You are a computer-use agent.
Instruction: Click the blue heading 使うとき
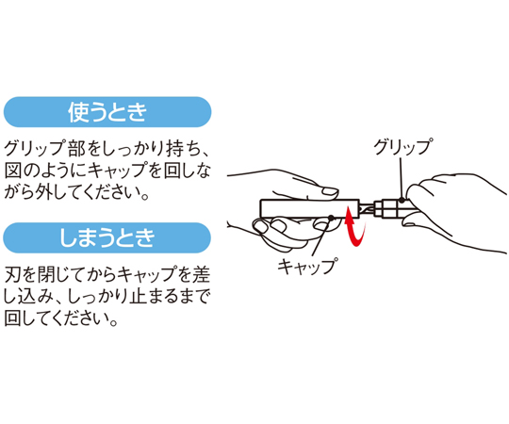pyautogui.click(x=107, y=112)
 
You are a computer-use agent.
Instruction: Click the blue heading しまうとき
pyautogui.click(x=107, y=237)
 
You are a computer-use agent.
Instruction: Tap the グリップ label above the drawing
pyautogui.click(x=402, y=147)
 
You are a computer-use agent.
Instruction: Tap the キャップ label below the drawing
pyautogui.click(x=307, y=267)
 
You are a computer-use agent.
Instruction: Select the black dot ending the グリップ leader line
pyautogui.click(x=402, y=200)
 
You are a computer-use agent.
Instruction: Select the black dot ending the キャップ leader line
pyautogui.click(x=331, y=218)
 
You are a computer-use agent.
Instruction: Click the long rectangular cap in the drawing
pyautogui.click(x=309, y=209)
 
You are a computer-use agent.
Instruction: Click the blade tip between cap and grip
pyautogui.click(x=367, y=209)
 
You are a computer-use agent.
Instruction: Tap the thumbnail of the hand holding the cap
pyautogui.click(x=329, y=191)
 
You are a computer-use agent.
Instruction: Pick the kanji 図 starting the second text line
pyautogui.click(x=12, y=170)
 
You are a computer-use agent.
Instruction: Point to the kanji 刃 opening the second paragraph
pyautogui.click(x=12, y=274)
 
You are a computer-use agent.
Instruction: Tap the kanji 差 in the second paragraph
pyautogui.click(x=202, y=274)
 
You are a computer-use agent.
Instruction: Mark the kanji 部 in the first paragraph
pyautogui.click(x=77, y=149)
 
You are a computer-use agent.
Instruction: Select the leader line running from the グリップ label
pyautogui.click(x=402, y=178)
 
